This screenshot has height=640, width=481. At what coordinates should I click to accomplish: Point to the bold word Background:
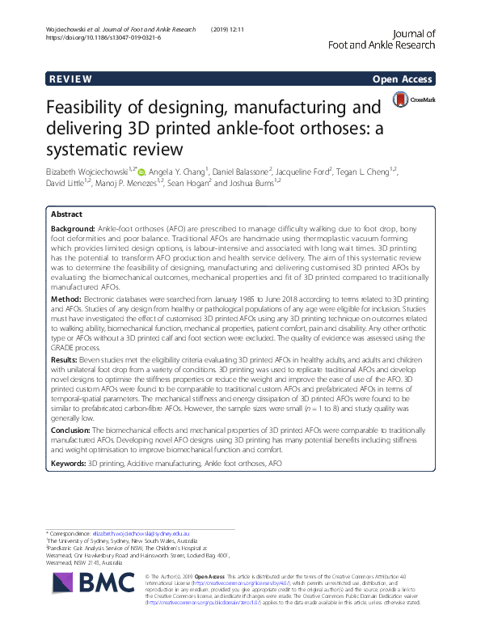[74, 231]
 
